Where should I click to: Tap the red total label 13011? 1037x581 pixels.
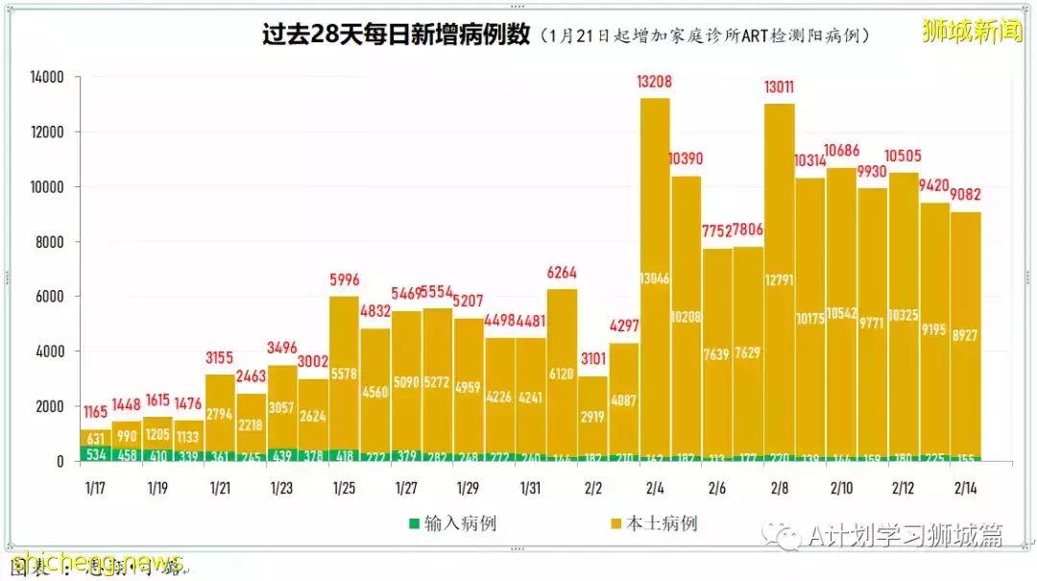(779, 87)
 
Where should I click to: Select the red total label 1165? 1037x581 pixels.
(96, 413)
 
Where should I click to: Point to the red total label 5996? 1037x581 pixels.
(345, 280)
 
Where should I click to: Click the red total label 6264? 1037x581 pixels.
(562, 273)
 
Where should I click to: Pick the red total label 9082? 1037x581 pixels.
(966, 195)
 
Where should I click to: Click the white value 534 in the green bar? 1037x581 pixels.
(96, 453)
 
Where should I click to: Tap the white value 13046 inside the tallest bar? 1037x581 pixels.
(655, 279)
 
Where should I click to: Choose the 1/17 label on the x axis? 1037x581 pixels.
(96, 488)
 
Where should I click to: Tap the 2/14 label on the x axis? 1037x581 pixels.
(966, 488)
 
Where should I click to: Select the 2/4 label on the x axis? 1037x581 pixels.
(655, 488)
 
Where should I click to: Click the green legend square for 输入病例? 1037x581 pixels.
(414, 523)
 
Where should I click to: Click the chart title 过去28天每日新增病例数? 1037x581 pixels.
(397, 35)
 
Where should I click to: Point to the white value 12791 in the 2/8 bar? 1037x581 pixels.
(779, 280)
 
